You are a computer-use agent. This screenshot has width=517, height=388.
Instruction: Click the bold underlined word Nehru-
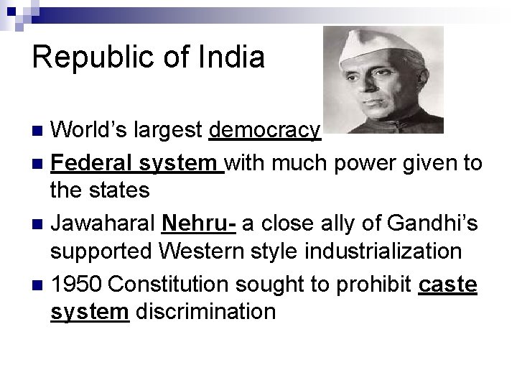pyautogui.click(x=198, y=224)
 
